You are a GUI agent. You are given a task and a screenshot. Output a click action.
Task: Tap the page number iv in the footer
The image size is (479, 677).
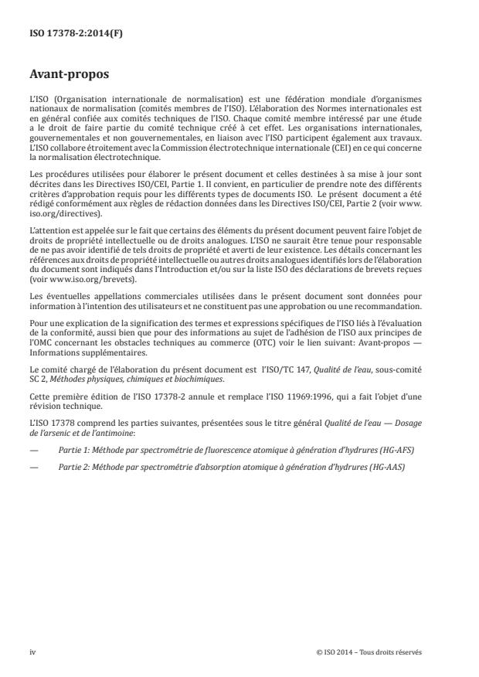point(32,651)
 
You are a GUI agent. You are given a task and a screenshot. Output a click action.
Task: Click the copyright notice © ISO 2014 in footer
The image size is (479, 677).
point(369,651)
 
